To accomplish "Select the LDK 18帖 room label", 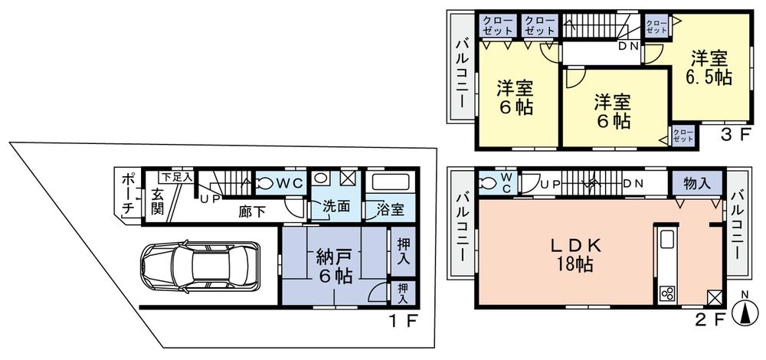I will [576, 255].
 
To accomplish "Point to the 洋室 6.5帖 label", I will [711, 67].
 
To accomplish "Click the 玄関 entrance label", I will [157, 201].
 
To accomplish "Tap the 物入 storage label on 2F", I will [696, 185].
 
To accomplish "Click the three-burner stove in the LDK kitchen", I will [666, 294].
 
